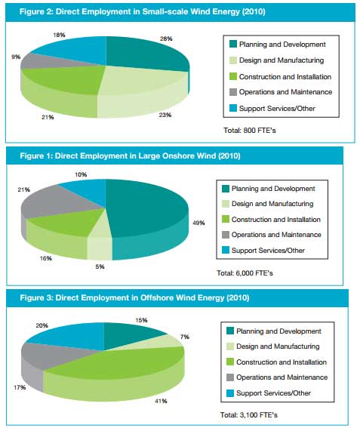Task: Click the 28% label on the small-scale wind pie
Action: coord(166,38)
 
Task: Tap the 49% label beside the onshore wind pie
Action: coord(198,223)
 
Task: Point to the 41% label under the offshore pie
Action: coord(161,401)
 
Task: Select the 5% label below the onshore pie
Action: coord(100,266)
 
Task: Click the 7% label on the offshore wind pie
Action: coord(185,337)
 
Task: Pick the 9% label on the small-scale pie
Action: coord(16,57)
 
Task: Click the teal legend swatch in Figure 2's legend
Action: coord(233,45)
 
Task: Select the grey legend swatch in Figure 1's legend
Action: coord(226,235)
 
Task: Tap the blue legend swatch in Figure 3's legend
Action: coord(230,393)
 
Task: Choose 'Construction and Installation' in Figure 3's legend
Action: coord(282,362)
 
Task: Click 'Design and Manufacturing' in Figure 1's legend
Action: coord(272,204)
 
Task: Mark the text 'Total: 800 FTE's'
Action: coord(250,130)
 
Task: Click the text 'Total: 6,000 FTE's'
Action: coord(245,273)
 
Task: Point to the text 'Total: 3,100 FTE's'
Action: coord(248,415)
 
